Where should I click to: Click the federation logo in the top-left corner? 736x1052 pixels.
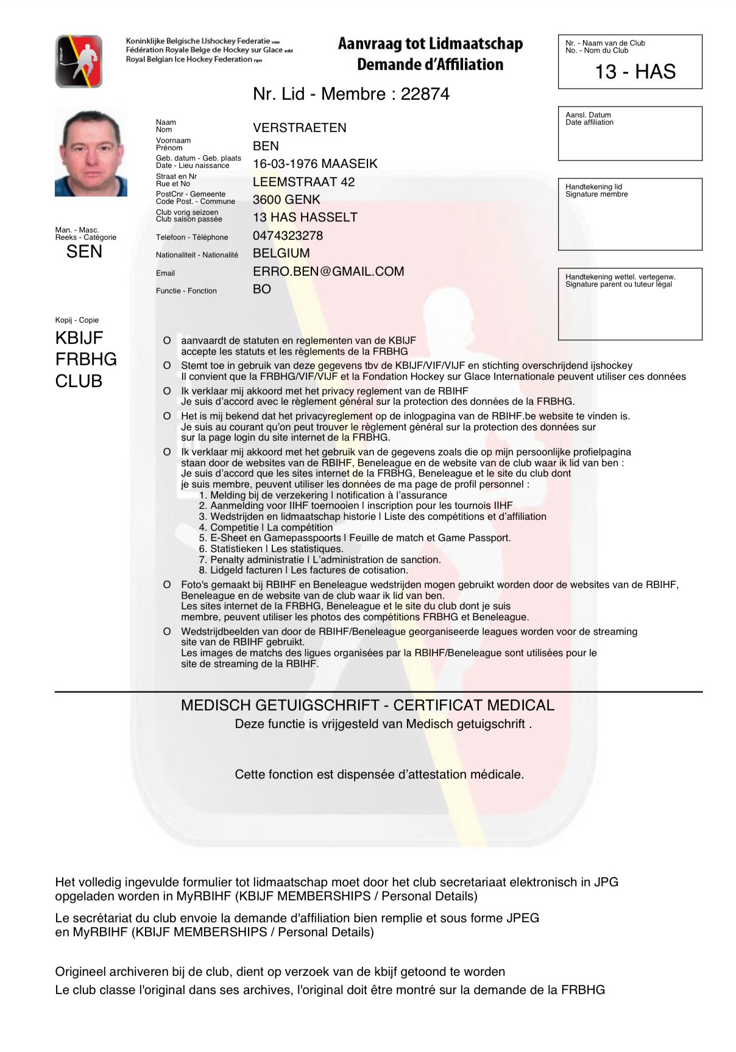coord(79,61)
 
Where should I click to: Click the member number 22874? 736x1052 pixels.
coord(425,94)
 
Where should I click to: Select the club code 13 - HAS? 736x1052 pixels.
coord(635,72)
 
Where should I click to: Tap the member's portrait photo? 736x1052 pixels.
coord(91,152)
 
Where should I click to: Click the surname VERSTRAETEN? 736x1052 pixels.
coord(299,128)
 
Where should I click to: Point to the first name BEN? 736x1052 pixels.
coord(266,146)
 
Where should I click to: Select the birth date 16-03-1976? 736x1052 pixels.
coord(285,164)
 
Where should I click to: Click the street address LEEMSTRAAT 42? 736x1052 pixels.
coord(303,182)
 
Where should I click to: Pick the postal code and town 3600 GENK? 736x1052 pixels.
coord(286,200)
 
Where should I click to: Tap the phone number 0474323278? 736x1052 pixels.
coord(288,236)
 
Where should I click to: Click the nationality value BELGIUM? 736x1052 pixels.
coord(281,253)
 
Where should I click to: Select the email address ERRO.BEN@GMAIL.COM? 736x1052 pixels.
coord(328,272)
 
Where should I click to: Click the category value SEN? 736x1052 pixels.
coord(84,252)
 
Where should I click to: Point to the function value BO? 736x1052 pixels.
coord(262,289)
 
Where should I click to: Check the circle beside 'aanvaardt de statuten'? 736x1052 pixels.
coord(167,341)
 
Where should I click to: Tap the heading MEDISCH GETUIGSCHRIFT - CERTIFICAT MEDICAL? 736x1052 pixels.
coord(367,706)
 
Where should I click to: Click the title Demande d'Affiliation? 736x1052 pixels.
coord(430,65)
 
